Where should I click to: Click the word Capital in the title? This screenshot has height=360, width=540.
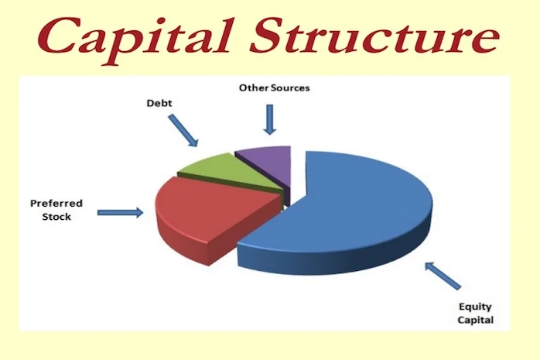(x=134, y=39)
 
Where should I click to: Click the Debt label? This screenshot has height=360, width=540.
(x=159, y=103)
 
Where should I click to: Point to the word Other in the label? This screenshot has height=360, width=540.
(x=254, y=87)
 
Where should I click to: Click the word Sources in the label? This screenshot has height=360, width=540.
(x=290, y=87)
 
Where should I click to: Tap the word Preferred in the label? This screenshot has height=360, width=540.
(x=56, y=204)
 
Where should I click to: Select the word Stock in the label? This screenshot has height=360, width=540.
(x=56, y=217)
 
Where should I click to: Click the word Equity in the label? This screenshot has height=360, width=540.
(x=475, y=307)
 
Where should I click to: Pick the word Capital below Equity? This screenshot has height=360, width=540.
(x=475, y=320)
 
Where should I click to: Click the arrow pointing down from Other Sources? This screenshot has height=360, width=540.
(x=270, y=119)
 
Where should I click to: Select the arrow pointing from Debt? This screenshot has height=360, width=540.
(x=183, y=131)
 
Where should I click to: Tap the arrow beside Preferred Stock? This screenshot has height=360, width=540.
(x=120, y=213)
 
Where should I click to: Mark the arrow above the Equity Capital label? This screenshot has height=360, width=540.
(x=443, y=276)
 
